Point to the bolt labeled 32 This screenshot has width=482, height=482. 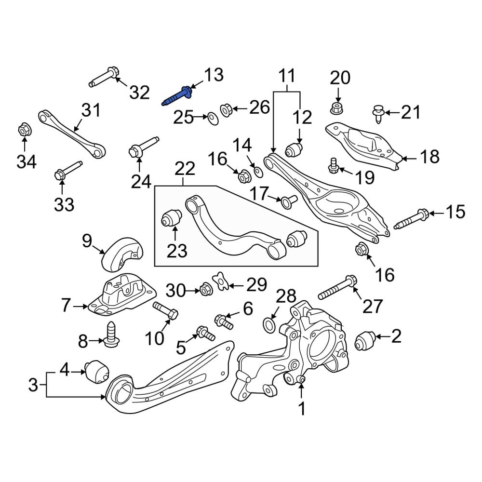104,77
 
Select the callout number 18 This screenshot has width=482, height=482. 429,157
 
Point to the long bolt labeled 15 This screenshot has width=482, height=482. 411,220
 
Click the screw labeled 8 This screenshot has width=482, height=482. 110,333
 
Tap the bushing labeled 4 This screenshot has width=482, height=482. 97,371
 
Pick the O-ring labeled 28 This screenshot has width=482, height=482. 270,325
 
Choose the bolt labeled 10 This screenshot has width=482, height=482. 165,309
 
